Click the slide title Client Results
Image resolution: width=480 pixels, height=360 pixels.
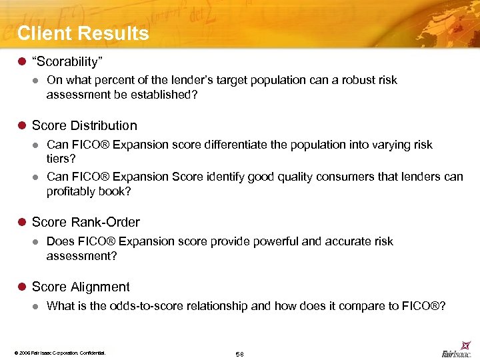(x=83, y=33)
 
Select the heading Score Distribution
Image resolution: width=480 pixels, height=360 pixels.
(x=84, y=125)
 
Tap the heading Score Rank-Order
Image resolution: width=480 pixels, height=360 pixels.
(x=85, y=222)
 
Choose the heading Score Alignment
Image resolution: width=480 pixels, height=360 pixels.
(x=81, y=287)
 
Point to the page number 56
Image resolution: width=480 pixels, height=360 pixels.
(x=240, y=353)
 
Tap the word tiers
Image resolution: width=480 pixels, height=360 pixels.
(x=59, y=159)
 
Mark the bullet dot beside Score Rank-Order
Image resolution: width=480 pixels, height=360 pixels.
(x=21, y=223)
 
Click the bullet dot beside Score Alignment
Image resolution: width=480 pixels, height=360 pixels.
(x=21, y=287)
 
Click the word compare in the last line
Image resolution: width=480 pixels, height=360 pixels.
(x=363, y=306)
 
